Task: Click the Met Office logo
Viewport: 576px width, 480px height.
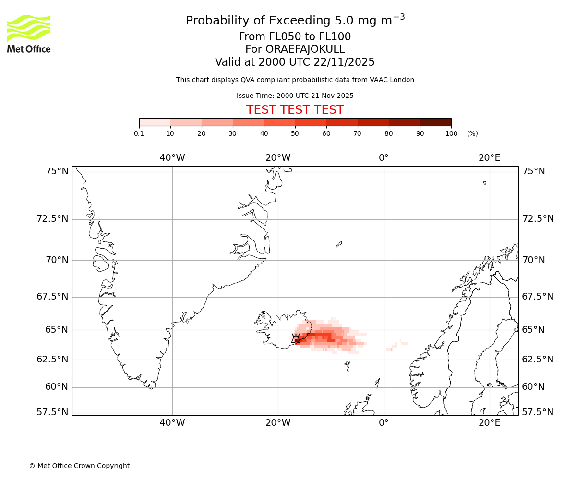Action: [29, 34]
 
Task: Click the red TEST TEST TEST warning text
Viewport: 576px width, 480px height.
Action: [295, 110]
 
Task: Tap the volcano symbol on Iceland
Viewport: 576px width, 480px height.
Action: [296, 338]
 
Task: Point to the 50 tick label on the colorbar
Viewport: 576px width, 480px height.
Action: [295, 133]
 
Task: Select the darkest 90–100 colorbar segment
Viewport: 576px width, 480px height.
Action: [435, 122]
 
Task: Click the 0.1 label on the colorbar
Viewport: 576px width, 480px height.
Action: [139, 133]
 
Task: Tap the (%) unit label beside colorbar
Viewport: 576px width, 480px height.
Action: [472, 133]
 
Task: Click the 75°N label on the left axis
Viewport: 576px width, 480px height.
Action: [56, 171]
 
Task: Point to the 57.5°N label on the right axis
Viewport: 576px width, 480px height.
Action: [538, 412]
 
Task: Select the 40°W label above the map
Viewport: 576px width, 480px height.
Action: [172, 158]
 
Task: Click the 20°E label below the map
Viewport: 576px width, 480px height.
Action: [489, 423]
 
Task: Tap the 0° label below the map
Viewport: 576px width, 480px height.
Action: [384, 423]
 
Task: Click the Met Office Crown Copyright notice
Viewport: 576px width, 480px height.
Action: [79, 466]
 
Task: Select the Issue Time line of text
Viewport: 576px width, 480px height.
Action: [295, 96]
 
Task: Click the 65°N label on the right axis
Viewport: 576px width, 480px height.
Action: [534, 330]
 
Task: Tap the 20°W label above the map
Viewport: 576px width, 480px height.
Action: [278, 158]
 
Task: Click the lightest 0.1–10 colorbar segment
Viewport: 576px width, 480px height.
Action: [155, 122]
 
